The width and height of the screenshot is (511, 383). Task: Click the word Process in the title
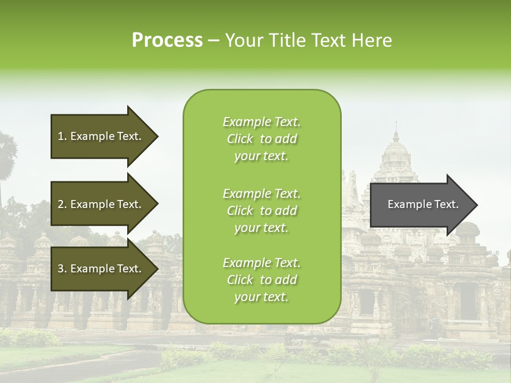point(167,40)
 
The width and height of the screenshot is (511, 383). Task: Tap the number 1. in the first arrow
point(62,136)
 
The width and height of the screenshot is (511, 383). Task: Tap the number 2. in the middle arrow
point(62,204)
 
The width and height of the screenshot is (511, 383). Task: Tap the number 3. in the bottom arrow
point(62,269)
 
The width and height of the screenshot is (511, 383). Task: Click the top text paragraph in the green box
point(261,139)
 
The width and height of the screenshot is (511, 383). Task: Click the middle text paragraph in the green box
point(261,211)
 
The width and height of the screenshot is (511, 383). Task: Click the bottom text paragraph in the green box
point(261,280)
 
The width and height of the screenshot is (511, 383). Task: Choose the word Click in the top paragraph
point(240,139)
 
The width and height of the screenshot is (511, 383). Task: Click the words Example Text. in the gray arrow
point(423,204)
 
